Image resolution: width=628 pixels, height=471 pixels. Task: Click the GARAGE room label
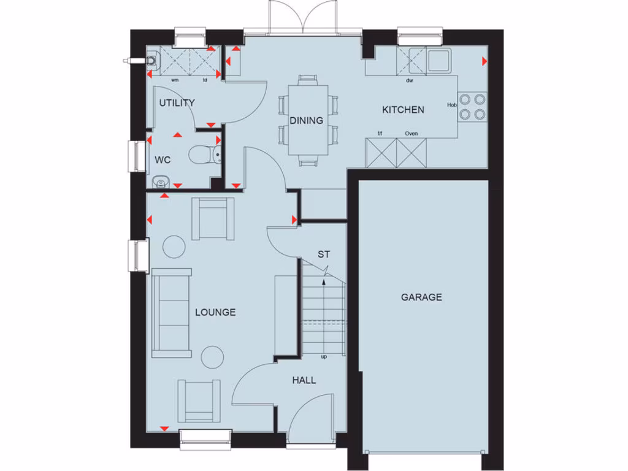421,297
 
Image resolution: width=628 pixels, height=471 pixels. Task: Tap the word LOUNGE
215,312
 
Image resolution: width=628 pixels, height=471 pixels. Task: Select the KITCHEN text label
403,110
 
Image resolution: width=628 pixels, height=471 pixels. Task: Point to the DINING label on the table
307,121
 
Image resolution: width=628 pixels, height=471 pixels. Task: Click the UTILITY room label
177,103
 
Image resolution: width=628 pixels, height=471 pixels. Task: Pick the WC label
163,160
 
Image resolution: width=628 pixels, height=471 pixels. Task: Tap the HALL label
304,380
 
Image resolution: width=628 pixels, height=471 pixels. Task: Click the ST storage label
323,254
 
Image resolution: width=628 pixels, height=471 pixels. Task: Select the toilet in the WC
202,155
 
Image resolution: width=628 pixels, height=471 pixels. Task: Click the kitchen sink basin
438,61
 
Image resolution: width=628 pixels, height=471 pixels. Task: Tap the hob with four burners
472,105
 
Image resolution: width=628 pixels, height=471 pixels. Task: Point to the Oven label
411,134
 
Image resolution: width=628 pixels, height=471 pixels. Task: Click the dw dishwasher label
408,80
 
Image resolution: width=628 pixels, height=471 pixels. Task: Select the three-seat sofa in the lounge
172,313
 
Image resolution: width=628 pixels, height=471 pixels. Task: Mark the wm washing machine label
175,80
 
